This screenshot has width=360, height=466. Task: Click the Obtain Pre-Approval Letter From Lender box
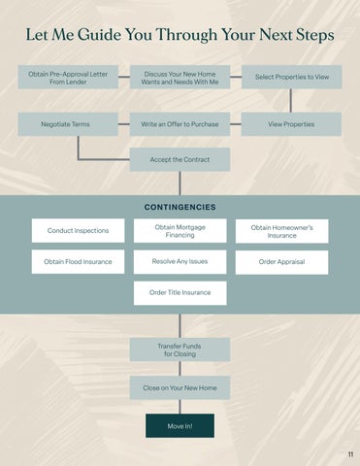click(x=68, y=77)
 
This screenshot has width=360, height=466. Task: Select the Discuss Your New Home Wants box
click(x=180, y=77)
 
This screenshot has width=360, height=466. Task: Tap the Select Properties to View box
click(x=292, y=77)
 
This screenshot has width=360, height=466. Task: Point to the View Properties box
click(x=291, y=124)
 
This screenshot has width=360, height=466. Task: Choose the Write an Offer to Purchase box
click(x=180, y=124)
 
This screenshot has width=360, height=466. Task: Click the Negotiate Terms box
click(x=68, y=124)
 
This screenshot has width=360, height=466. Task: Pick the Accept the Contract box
click(x=180, y=159)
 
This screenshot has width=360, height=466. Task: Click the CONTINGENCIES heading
click(x=180, y=207)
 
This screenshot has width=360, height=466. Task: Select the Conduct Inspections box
click(x=78, y=230)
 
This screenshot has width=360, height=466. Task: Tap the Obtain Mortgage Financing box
click(x=180, y=231)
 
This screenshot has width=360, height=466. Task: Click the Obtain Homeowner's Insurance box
click(x=281, y=231)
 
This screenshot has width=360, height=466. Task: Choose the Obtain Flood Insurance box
click(x=78, y=261)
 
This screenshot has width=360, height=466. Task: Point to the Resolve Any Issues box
click(x=180, y=261)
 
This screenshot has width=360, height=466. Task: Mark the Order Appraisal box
click(x=281, y=262)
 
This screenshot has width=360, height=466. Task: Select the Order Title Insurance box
click(x=180, y=293)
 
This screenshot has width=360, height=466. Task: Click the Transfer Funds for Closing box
click(x=180, y=349)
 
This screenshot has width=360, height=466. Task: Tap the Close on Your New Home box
click(x=180, y=387)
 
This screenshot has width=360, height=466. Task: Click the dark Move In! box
click(x=180, y=426)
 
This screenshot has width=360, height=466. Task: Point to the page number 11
click(x=350, y=454)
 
